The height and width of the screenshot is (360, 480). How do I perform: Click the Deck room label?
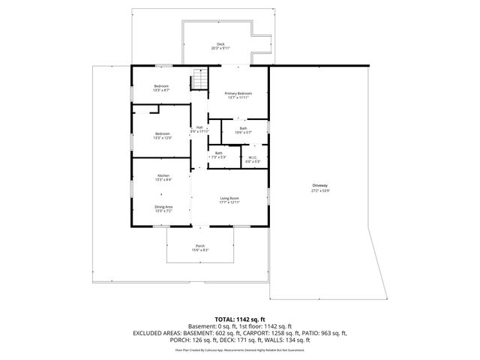[x=220, y=44]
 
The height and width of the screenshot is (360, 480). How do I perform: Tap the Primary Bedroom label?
[x=238, y=93]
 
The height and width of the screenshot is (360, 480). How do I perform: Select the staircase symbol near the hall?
[x=199, y=79]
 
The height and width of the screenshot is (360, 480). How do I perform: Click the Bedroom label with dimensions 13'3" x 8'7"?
[x=162, y=85]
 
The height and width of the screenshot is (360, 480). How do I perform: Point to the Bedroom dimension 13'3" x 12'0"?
[x=162, y=138]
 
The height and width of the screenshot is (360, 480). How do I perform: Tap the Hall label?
[x=199, y=127]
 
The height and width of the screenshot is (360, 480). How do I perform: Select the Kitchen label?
[x=163, y=175]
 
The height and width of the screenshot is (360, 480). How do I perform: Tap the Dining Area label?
[x=163, y=207]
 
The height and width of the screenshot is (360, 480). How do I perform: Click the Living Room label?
[x=229, y=198]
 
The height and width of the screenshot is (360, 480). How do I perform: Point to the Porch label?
[x=200, y=246]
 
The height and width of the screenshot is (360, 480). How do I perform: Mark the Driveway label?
[x=320, y=185]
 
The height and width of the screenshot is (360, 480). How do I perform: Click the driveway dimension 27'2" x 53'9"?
[x=320, y=190]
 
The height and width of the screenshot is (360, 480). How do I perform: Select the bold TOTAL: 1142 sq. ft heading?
[x=239, y=319]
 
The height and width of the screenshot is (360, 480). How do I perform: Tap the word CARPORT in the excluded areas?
[x=265, y=332]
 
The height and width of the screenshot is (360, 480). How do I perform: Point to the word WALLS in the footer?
[x=276, y=340]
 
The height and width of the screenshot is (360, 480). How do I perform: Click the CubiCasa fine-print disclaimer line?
[x=239, y=349]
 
